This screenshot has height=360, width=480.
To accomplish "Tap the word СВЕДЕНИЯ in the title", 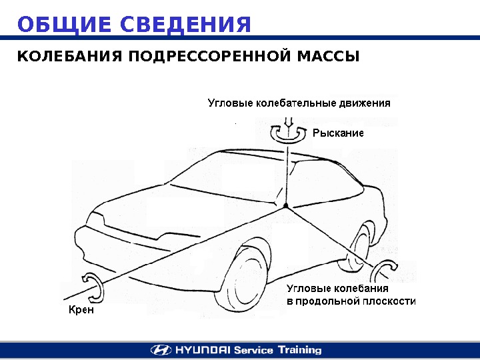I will pyautogui.click(x=187, y=25).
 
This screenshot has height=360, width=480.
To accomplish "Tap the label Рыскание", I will pyautogui.click(x=338, y=133).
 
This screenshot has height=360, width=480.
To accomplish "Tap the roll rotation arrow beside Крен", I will pyautogui.click(x=92, y=287).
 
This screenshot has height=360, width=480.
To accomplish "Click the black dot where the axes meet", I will pyautogui.click(x=285, y=207).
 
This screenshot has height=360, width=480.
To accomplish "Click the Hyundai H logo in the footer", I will pyautogui.click(x=160, y=349).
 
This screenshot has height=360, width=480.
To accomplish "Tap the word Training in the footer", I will pyautogui.click(x=299, y=349).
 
